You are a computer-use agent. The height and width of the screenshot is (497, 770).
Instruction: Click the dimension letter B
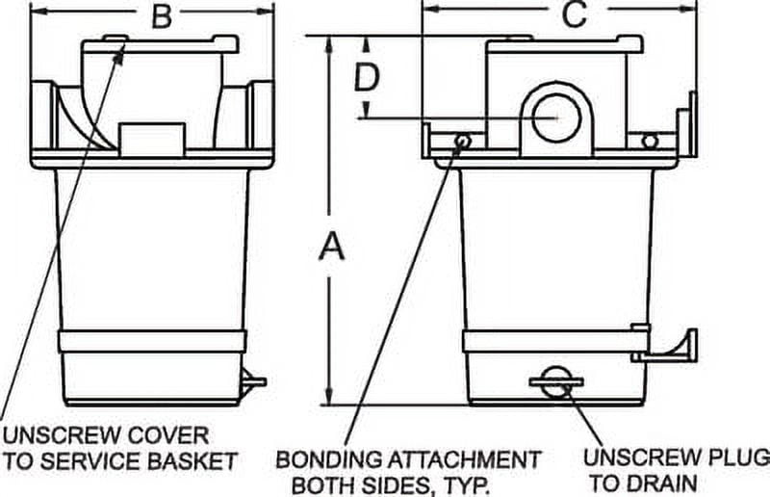pyautogui.click(x=163, y=15)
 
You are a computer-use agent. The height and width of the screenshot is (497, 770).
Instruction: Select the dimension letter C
pyautogui.click(x=574, y=15)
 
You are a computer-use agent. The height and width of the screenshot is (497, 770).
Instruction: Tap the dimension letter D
pyautogui.click(x=366, y=77)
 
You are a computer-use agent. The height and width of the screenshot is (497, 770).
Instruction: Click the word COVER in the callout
pyautogui.click(x=165, y=435)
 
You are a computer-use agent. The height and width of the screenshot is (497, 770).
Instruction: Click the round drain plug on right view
pyautogui.click(x=555, y=382)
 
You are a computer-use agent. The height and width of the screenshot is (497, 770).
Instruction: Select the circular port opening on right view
pyautogui.click(x=555, y=115)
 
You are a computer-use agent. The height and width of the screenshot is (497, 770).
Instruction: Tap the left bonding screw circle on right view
pyautogui.click(x=463, y=142)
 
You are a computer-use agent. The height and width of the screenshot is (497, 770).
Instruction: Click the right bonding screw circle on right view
pyautogui.click(x=650, y=142)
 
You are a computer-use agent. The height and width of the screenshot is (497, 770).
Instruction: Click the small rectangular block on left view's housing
pyautogui.click(x=151, y=138)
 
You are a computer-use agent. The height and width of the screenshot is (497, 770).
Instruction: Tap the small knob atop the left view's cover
pyautogui.click(x=116, y=40)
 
